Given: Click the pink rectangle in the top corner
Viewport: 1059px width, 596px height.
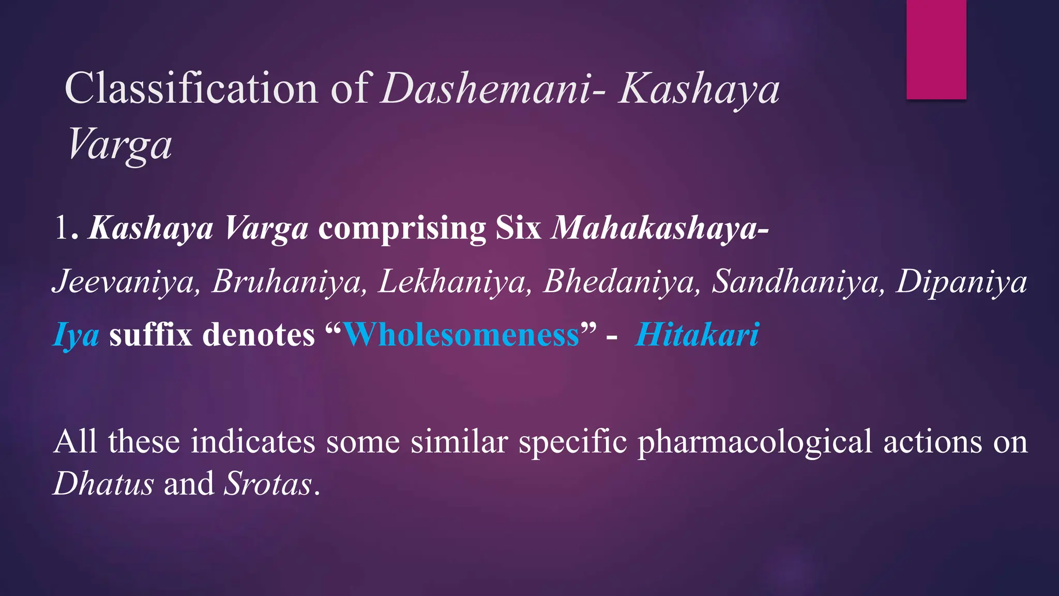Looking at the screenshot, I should [936, 49].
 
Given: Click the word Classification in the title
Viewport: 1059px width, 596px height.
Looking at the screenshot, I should [190, 88].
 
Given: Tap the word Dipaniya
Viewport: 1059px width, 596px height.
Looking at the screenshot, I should [961, 282].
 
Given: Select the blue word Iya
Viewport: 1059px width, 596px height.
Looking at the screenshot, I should [76, 335].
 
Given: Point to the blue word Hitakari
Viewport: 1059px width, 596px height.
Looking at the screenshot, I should [698, 335].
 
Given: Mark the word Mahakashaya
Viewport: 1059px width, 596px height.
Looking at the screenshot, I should [654, 228].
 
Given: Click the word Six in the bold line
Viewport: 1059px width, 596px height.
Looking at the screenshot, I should [518, 228].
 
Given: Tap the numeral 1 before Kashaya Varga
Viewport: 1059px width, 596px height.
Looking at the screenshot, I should [62, 228].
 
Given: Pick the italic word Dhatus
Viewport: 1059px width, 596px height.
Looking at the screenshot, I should [103, 484].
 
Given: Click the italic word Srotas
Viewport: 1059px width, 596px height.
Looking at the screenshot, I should [268, 484].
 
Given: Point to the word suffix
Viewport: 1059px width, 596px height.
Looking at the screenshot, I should [150, 335].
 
